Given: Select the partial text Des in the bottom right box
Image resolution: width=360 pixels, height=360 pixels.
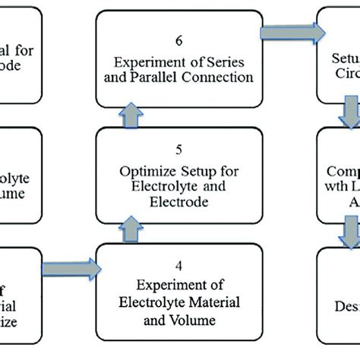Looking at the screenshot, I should [x=346, y=286].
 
